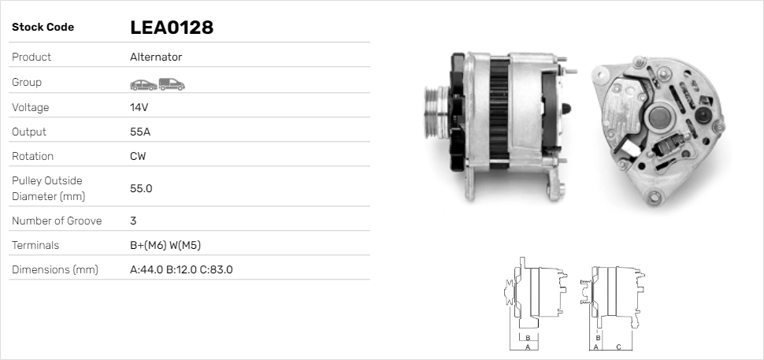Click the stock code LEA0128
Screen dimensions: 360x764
(x=172, y=28)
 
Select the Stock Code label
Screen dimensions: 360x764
(x=43, y=28)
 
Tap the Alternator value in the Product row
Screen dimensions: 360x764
(x=156, y=58)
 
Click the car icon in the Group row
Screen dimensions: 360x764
(x=143, y=84)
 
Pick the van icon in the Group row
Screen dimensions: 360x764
(x=171, y=84)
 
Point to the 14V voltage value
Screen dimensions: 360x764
(x=139, y=107)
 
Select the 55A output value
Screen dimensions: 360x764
(x=140, y=132)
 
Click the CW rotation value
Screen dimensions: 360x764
(x=138, y=156)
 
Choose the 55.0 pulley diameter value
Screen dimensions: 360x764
(x=141, y=188)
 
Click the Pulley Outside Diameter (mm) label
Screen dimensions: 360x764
(x=47, y=188)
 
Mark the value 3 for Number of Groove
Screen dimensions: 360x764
(x=133, y=221)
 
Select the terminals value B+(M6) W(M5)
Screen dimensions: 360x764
(x=170, y=245)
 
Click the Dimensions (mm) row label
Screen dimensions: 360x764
(x=54, y=269)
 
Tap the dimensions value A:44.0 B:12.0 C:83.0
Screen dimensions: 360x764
(x=180, y=269)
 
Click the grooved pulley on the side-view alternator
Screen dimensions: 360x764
(x=433, y=114)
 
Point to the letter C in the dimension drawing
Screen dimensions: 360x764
(x=618, y=347)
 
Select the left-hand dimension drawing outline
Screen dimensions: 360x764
(x=536, y=295)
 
